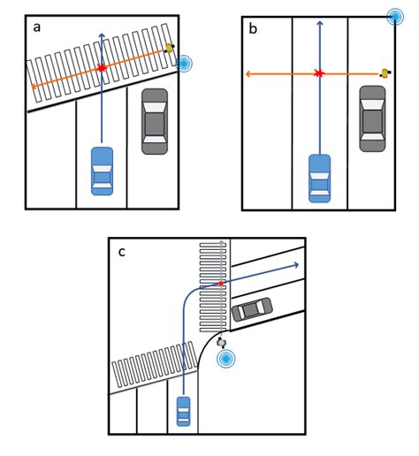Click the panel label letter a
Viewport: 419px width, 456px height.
[37, 27]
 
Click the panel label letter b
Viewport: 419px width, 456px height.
[253, 29]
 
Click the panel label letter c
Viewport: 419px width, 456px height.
[122, 252]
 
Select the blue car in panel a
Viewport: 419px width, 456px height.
[102, 170]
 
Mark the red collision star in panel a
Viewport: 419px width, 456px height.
[102, 67]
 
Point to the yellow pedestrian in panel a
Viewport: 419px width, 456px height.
[169, 49]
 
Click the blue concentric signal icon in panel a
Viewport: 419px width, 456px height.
[184, 63]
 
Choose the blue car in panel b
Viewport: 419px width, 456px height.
[318, 178]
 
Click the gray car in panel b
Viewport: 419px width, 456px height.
[372, 122]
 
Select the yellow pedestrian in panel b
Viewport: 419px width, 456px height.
[385, 73]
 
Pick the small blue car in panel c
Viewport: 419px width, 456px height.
[183, 411]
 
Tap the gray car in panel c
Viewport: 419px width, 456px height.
[252, 308]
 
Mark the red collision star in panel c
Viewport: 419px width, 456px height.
[221, 284]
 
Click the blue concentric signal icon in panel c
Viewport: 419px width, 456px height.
[227, 359]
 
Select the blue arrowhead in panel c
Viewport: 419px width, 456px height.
[298, 263]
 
